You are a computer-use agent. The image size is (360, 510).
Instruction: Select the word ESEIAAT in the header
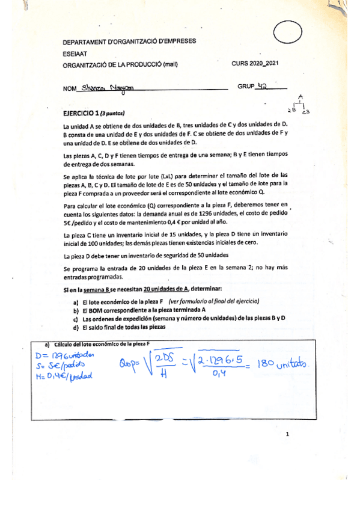(x=75, y=53)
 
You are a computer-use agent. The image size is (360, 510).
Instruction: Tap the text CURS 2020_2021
(x=255, y=64)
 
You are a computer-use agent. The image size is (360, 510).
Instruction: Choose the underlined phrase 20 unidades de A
(x=156, y=290)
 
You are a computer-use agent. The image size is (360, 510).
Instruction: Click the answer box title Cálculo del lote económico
(x=102, y=343)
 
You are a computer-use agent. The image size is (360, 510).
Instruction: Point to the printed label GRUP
(x=246, y=87)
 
